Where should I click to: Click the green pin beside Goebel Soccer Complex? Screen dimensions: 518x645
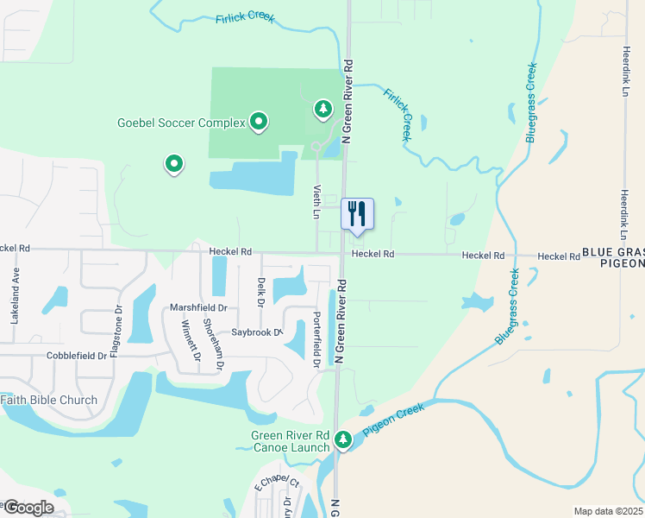[258, 122]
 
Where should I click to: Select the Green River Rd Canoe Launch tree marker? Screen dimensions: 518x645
[343, 440]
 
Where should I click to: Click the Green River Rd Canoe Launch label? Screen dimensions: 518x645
[291, 441]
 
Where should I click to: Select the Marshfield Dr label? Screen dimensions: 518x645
[198, 307]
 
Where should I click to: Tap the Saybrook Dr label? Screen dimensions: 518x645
[257, 332]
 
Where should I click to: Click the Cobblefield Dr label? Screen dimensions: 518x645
[53, 355]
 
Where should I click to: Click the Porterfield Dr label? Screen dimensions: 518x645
[316, 341]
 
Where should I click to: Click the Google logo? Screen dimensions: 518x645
[28, 507]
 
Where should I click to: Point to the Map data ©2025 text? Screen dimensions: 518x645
[608, 511]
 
